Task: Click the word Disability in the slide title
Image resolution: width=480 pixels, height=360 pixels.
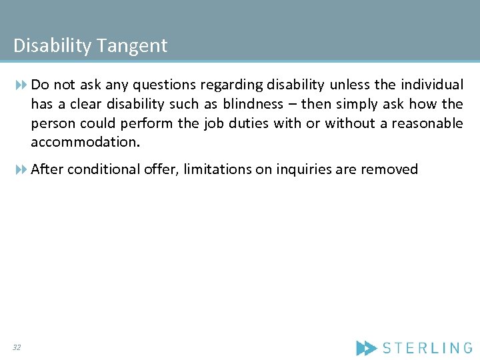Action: tap(53, 46)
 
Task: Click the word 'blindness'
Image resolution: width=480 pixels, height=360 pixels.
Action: tap(253, 104)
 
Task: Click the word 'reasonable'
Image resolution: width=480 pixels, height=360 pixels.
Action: tap(427, 123)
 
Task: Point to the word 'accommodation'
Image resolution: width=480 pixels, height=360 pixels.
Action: tap(84, 143)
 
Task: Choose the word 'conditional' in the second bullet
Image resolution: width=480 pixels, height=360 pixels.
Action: tap(99, 169)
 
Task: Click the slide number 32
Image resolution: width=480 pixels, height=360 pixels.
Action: tap(16, 347)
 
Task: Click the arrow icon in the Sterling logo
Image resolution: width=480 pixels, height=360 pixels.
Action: tap(366, 347)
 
